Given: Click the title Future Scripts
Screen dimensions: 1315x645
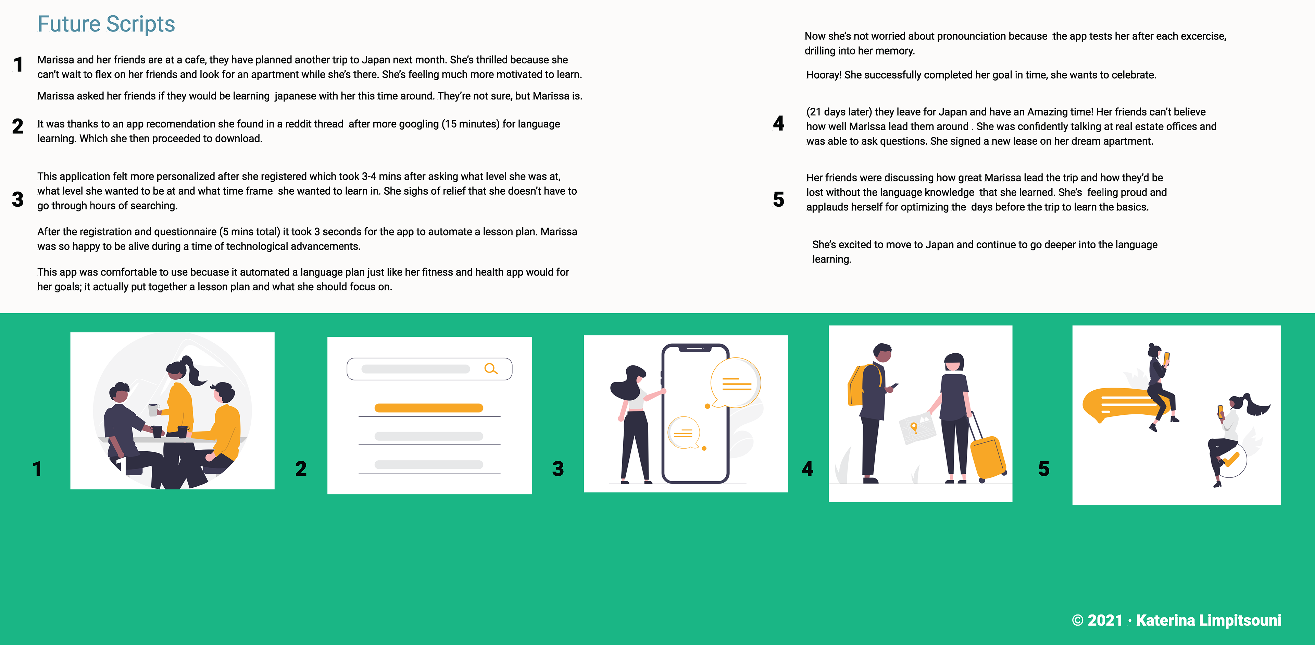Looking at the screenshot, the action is [106, 24].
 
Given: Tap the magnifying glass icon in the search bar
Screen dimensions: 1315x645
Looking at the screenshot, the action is [491, 369].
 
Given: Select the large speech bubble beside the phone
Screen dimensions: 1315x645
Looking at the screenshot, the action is [735, 383].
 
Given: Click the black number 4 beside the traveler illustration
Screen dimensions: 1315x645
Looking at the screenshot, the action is [807, 468].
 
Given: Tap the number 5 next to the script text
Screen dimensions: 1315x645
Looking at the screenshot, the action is [778, 199].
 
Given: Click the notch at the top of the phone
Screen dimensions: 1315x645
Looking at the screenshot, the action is [695, 349].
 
